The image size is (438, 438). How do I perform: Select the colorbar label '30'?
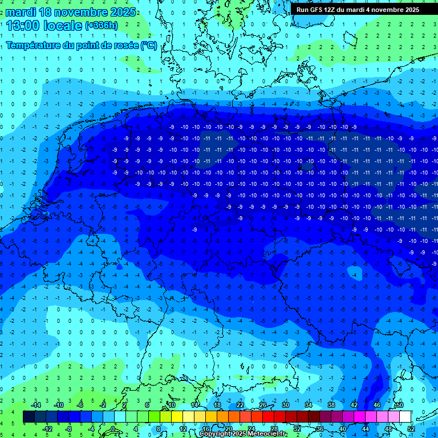[x=285, y=405]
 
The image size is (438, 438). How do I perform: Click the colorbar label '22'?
[x=240, y=405]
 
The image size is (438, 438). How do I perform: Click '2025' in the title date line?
[x=121, y=12]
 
